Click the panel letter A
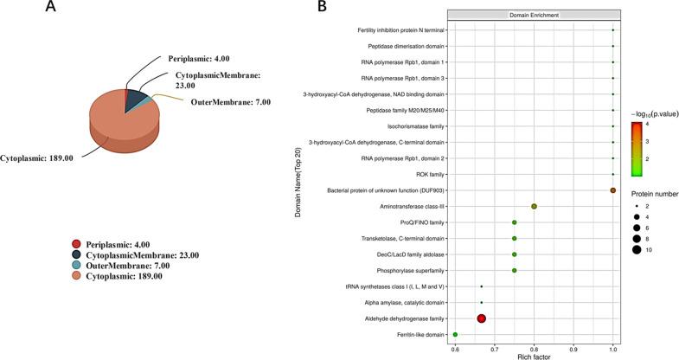[52, 8]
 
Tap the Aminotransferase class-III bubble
[534, 206]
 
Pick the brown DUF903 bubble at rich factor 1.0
[612, 190]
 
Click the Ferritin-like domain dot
[455, 334]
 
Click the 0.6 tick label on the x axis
[455, 348]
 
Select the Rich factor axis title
[534, 356]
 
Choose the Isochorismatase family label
[407, 126]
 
